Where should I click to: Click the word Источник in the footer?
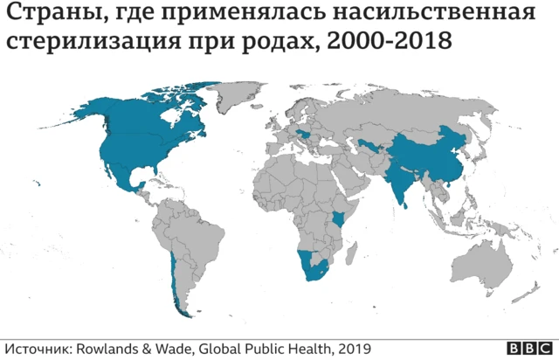tap(36, 348)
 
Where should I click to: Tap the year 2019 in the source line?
tap(354, 348)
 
